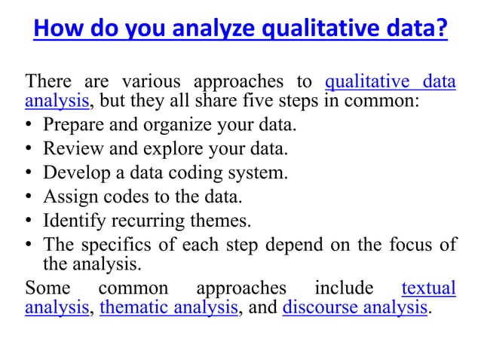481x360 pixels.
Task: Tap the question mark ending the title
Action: pyautogui.click(x=443, y=31)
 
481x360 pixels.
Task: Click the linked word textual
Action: pyautogui.click(x=428, y=288)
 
